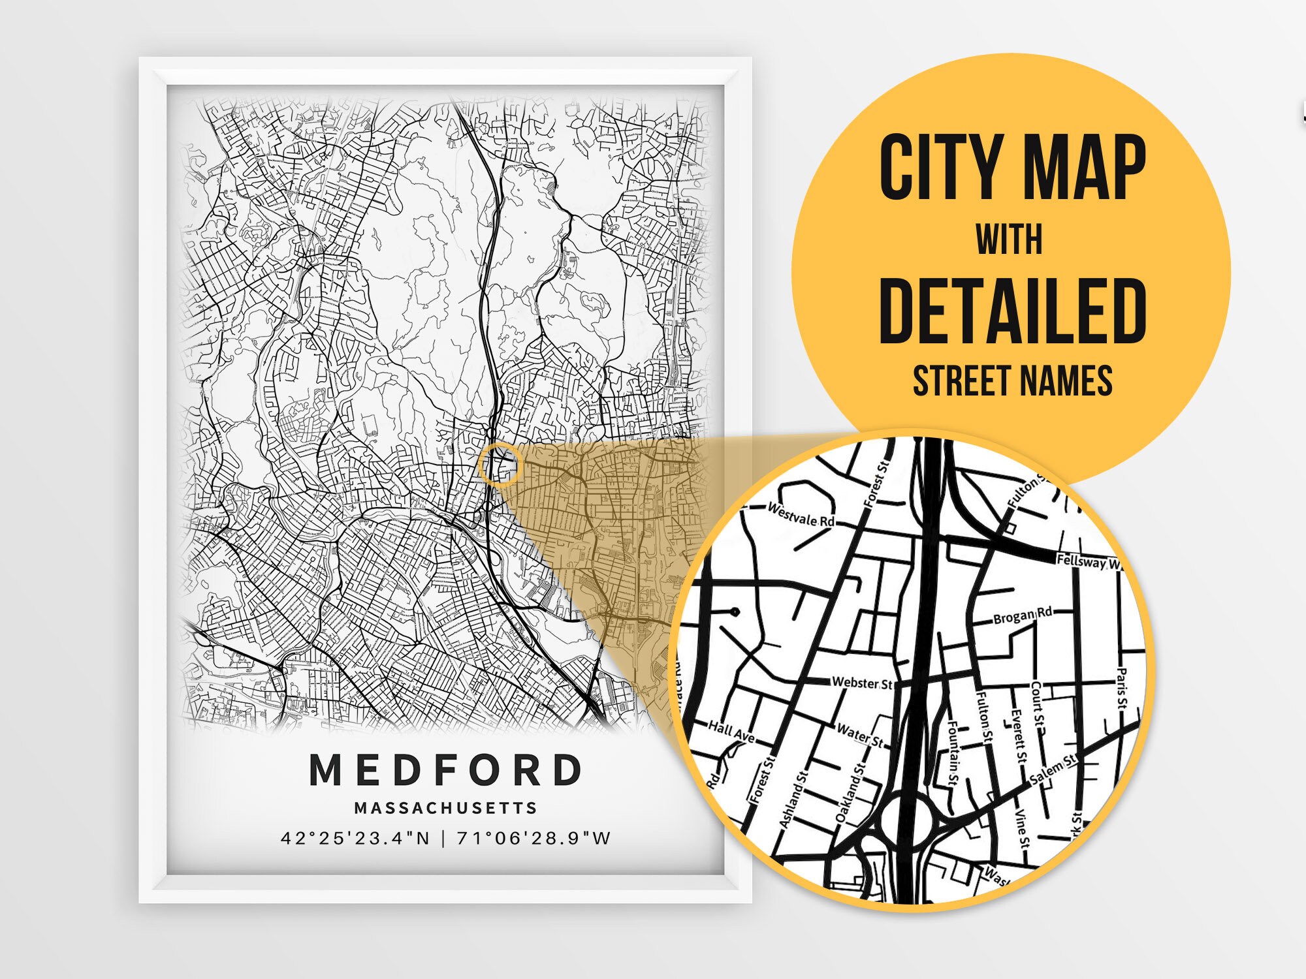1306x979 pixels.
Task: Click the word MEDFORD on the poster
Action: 446,770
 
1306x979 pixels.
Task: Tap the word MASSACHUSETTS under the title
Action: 446,808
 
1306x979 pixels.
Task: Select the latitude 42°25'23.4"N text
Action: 355,838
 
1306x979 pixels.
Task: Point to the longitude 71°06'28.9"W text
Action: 534,838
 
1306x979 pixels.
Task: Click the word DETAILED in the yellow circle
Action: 1012,311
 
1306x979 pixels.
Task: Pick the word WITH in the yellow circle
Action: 1010,240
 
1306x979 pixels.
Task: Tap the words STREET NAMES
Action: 1012,381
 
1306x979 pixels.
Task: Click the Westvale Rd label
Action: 801,515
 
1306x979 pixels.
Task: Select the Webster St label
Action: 862,683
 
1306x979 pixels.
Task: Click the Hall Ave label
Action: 732,732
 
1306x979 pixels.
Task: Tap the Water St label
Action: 860,735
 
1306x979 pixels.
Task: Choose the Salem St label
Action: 1053,769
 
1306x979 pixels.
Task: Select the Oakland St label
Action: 851,791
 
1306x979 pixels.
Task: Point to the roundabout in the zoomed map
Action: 906,820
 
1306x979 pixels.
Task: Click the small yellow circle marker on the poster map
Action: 500,463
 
